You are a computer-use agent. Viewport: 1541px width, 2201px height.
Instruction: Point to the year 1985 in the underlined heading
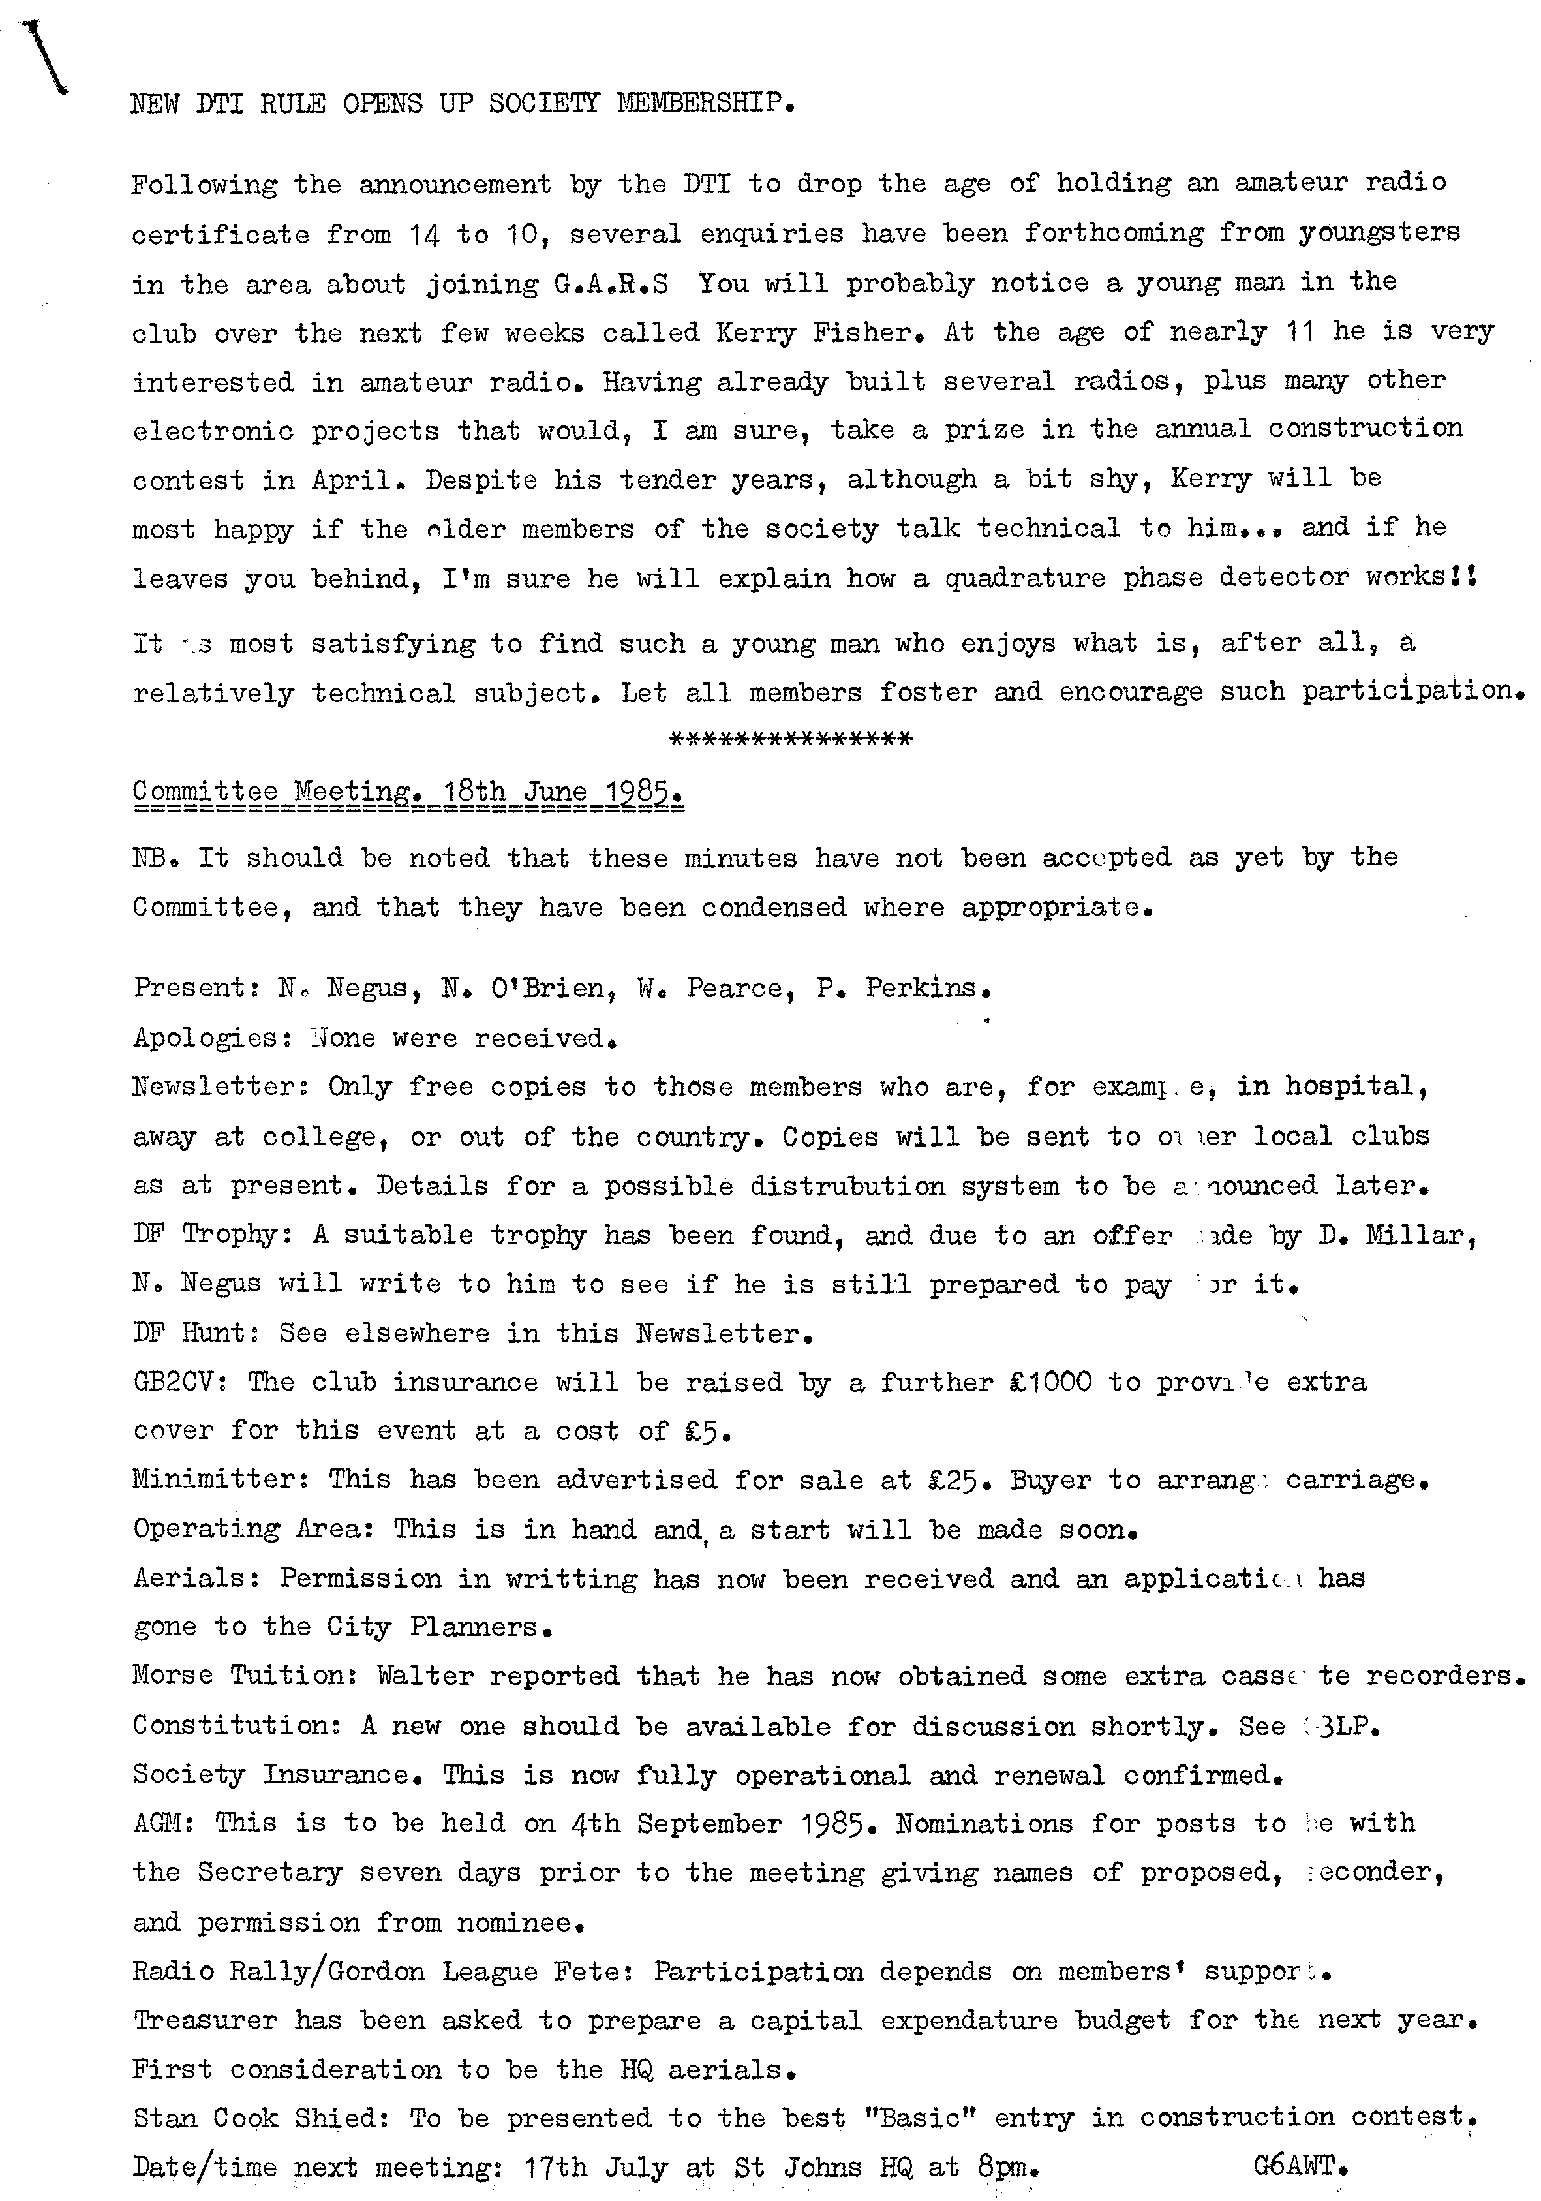point(648,792)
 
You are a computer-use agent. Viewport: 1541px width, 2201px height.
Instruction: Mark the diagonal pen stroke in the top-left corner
point(43,55)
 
